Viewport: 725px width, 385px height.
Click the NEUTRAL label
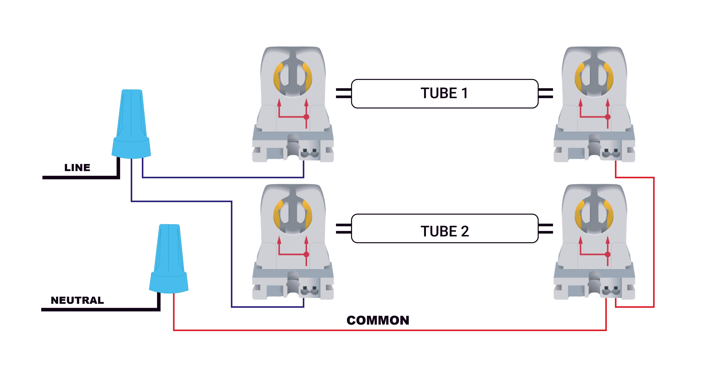pos(77,300)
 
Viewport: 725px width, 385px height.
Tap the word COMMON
pos(378,320)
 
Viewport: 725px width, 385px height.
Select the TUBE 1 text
pos(444,93)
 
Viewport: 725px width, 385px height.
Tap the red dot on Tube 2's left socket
pos(306,254)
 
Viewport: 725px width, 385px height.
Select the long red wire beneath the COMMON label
pos(390,330)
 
